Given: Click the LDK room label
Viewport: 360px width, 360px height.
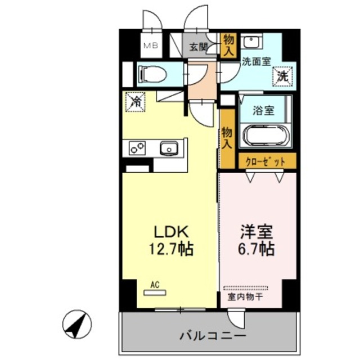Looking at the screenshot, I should pyautogui.click(x=166, y=231).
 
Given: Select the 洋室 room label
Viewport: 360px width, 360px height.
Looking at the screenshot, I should pyautogui.click(x=256, y=231).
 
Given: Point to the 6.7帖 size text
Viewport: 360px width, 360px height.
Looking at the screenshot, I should pyautogui.click(x=256, y=249).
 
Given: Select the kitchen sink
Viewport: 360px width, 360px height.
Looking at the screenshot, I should pyautogui.click(x=168, y=148).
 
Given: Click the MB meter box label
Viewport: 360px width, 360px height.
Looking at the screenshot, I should pyautogui.click(x=151, y=46).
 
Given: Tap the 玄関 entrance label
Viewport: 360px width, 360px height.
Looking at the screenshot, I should pyautogui.click(x=197, y=46).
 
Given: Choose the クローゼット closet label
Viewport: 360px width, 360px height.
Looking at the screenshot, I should pyautogui.click(x=262, y=161).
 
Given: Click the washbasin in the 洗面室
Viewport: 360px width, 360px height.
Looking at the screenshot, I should pyautogui.click(x=251, y=43).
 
